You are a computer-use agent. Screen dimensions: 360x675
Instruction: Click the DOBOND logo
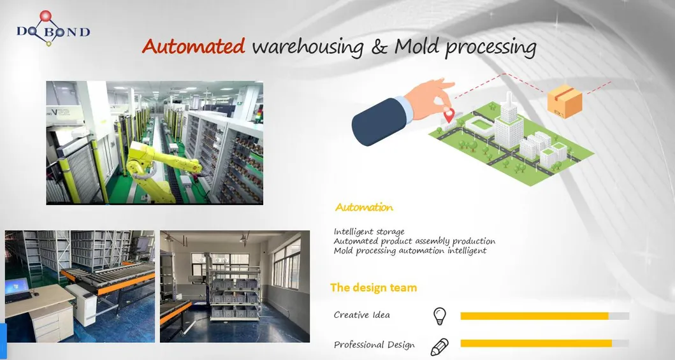[52, 32]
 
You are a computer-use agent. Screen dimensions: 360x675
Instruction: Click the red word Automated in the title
[193, 47]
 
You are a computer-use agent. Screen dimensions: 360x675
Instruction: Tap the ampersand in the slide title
[379, 47]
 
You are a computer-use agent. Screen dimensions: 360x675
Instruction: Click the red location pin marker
[449, 115]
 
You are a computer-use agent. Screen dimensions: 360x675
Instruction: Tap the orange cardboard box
[565, 101]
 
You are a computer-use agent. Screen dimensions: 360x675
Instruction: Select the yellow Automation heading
[364, 207]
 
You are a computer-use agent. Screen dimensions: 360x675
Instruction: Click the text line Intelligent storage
[369, 231]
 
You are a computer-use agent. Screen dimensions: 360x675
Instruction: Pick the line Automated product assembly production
[414, 241]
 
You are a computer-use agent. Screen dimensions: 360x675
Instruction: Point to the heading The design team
[374, 287]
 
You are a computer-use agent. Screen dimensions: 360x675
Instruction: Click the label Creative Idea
[361, 315]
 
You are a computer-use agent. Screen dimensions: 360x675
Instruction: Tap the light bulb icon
[439, 315]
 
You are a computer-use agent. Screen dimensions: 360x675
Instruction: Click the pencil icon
[439, 346]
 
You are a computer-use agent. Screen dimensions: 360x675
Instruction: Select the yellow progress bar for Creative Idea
[534, 316]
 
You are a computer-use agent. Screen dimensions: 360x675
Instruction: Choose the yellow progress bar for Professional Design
[535, 343]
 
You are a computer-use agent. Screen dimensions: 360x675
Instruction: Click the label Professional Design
[374, 345]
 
